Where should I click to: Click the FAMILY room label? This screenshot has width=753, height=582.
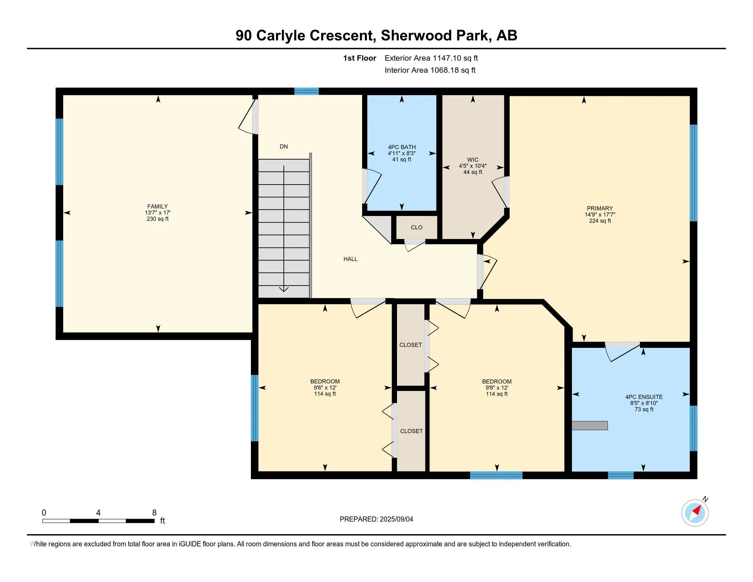point(157,206)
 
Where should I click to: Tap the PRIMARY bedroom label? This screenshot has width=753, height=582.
point(600,208)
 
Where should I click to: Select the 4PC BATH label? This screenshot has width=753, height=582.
point(402,147)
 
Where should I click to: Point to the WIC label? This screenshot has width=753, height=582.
point(473,160)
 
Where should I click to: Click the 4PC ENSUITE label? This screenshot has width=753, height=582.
point(644,397)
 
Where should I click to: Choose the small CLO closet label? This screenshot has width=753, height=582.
point(417,227)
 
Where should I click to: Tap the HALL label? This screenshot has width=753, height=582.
point(350,259)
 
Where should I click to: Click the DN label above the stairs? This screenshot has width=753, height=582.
point(283,147)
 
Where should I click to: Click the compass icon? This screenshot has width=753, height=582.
point(695,513)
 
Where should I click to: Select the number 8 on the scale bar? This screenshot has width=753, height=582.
point(154,513)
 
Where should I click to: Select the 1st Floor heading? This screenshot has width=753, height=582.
point(359,58)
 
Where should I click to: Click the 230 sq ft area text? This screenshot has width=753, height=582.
point(157,219)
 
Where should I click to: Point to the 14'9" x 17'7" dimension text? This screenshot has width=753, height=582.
point(600,214)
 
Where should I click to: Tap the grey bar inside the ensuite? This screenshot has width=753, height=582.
point(590,426)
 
